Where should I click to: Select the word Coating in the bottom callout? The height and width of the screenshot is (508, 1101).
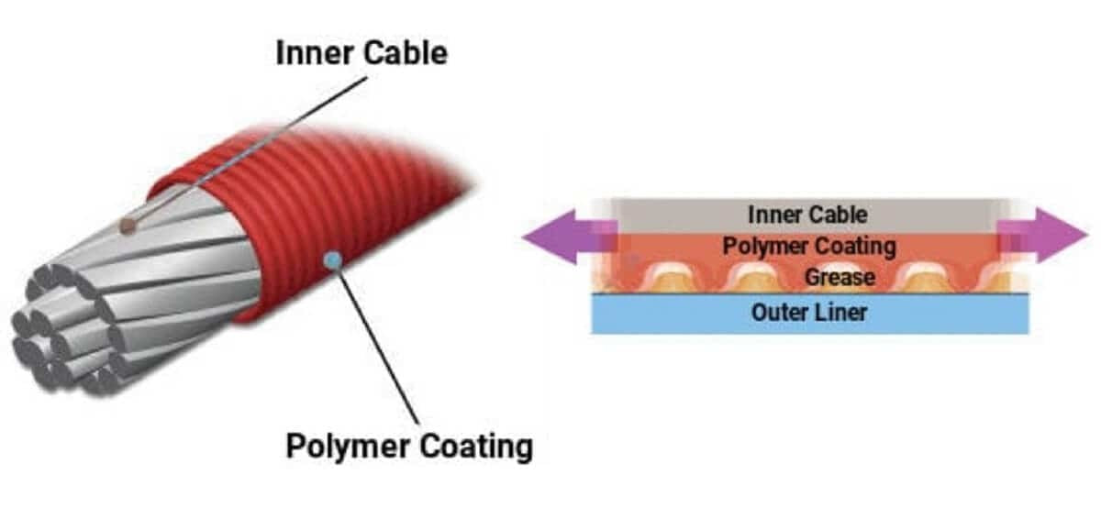coord(476,446)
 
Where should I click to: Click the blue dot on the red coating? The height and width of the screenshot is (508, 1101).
coord(334,259)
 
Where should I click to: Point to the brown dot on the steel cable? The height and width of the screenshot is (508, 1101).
coord(128,226)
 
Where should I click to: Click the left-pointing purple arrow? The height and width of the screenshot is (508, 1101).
coord(569,237)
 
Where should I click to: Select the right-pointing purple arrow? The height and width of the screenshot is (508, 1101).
coord(1042,236)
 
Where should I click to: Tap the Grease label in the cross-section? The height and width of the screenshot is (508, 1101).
coord(840,278)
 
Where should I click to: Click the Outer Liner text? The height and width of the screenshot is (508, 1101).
coord(809,313)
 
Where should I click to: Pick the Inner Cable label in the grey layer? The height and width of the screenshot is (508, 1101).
coord(807,215)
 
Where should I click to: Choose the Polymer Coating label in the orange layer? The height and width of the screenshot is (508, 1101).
coord(809,247)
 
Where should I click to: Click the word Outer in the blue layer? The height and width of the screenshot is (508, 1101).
coord(779,313)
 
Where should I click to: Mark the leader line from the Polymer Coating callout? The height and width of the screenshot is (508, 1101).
coord(377,342)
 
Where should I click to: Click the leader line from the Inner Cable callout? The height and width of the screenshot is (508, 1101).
coord(249,150)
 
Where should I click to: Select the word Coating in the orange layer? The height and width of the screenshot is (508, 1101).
coord(849,247)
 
